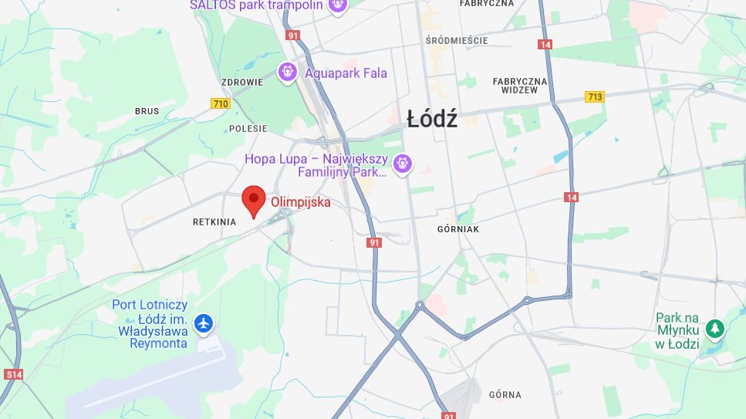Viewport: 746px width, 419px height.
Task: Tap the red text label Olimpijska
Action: tap(300, 202)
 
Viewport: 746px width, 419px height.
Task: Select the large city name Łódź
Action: tap(432, 119)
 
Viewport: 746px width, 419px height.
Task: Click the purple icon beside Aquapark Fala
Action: tap(288, 73)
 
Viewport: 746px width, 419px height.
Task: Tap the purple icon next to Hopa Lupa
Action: tap(401, 164)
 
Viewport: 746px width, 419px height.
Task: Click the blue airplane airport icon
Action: tap(204, 323)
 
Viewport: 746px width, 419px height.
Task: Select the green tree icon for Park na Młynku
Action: tap(715, 329)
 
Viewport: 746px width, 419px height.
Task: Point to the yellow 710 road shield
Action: tap(221, 103)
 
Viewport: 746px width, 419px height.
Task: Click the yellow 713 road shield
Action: tap(594, 96)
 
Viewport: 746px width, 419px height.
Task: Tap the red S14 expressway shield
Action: tap(13, 374)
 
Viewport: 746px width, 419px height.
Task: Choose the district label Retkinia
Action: tap(214, 222)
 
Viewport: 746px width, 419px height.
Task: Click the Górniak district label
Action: tap(458, 229)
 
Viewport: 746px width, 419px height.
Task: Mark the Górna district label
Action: tap(505, 395)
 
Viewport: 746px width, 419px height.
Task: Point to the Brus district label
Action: tap(147, 111)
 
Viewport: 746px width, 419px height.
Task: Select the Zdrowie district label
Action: tap(242, 82)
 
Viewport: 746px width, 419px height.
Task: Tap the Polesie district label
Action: tap(248, 129)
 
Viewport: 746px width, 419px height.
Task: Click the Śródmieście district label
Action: tap(457, 40)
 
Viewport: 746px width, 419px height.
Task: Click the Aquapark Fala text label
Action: tap(346, 73)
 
